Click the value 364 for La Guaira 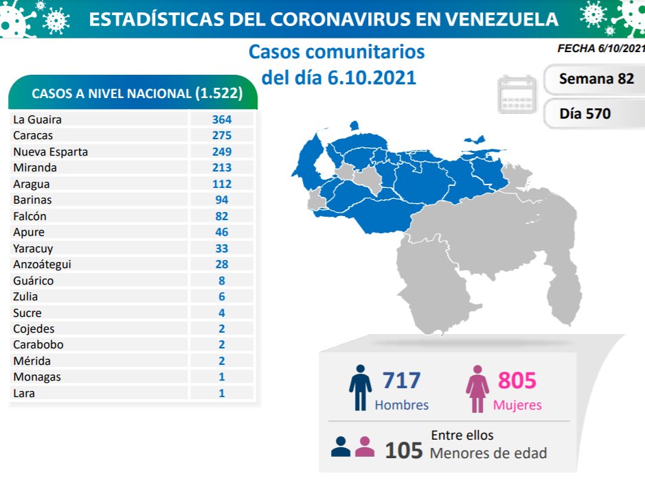[221, 119]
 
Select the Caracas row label [33, 136]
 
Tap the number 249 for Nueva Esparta [221, 152]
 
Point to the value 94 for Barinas [221, 200]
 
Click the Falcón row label [30, 216]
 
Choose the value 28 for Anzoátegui [221, 264]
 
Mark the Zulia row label [25, 296]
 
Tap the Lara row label [23, 393]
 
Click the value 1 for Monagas [221, 377]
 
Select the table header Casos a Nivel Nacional [133, 94]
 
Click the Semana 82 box [596, 79]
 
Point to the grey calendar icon [517, 94]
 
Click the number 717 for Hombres [401, 380]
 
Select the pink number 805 [517, 380]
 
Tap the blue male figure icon [360, 389]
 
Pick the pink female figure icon [477, 389]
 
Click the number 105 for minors [403, 450]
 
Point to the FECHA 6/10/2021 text [601, 49]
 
